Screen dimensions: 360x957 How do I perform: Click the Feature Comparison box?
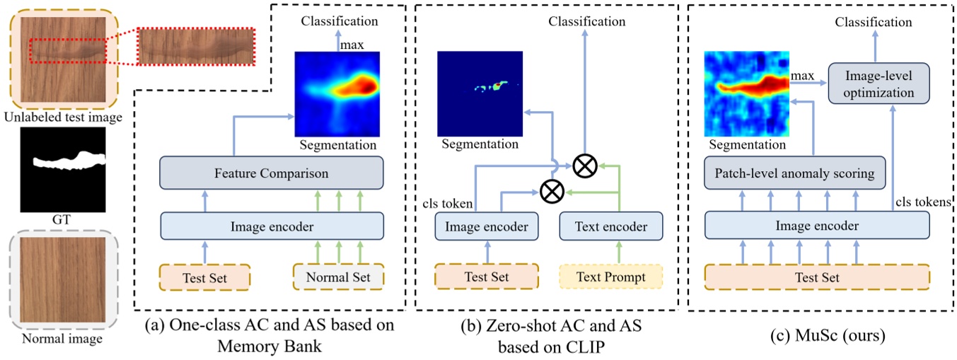pos(272,172)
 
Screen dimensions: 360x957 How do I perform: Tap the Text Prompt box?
pos(611,277)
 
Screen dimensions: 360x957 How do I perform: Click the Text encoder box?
pos(611,226)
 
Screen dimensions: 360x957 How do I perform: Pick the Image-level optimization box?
pos(878,83)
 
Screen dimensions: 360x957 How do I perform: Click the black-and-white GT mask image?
pos(64,170)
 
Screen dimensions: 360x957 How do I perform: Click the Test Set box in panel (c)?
pos(816,277)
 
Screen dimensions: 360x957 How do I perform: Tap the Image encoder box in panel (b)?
pos(487,226)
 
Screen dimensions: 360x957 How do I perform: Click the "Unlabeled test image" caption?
pos(62,117)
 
